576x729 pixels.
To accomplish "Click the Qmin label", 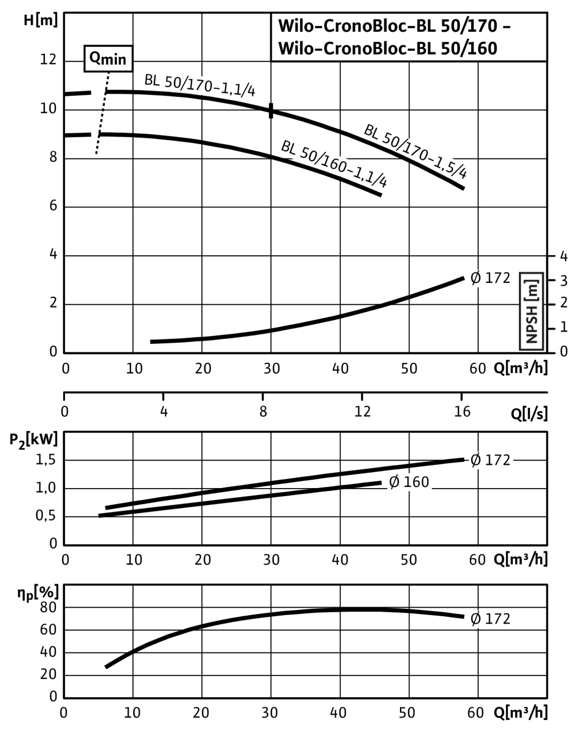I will point(108,59).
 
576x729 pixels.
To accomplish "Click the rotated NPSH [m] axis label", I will point(532,311).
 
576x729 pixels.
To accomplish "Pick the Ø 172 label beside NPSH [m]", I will point(491,279).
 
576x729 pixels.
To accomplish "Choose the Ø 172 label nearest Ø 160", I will point(491,460).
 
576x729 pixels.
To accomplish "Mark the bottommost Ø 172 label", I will point(491,619).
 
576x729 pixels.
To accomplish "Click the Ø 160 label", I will point(409,482).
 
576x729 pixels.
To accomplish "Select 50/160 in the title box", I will point(468,49).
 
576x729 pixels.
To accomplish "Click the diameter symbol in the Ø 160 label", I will point(394,482).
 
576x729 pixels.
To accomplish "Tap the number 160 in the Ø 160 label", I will point(416,482).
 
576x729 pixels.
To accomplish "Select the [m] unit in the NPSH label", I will point(532,291).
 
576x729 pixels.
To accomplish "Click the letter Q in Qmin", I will point(95,58).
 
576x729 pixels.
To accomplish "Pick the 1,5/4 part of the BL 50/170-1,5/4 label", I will point(450,166).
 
